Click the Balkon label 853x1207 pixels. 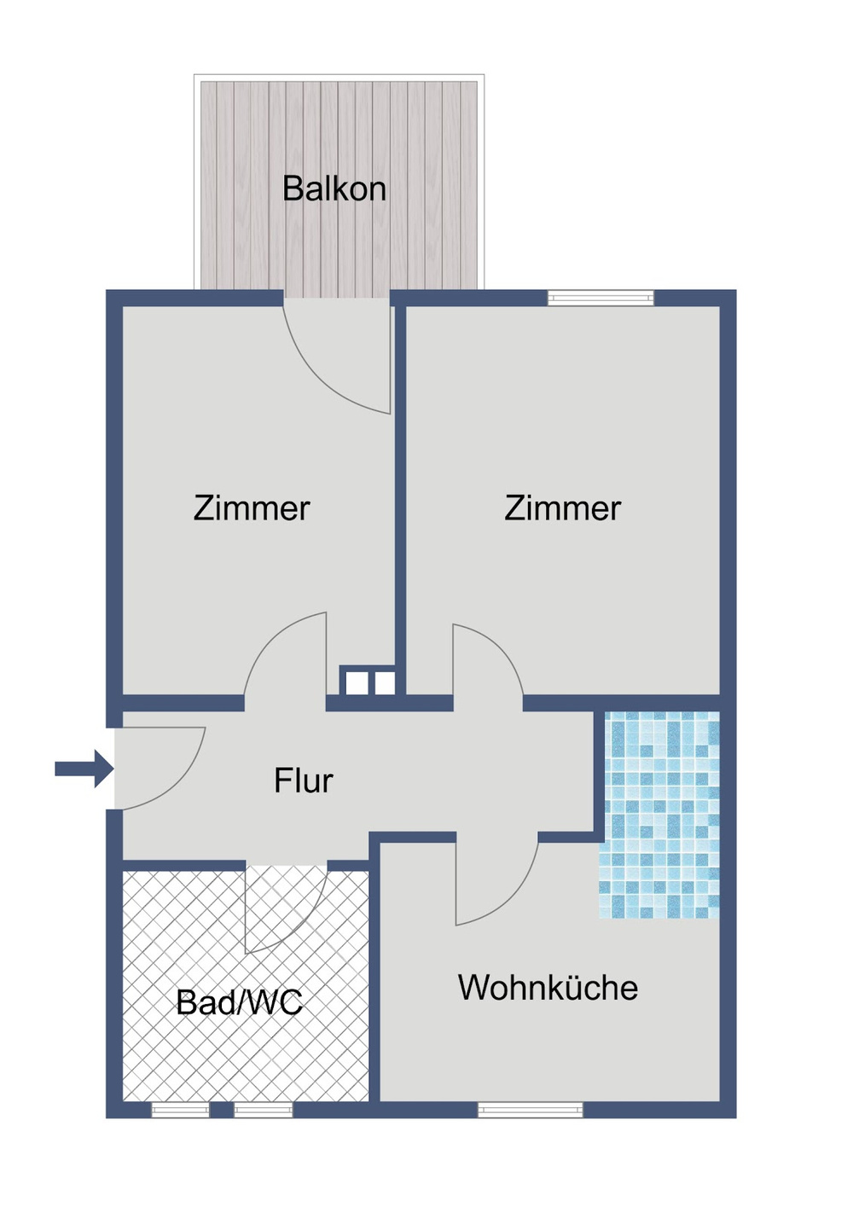pyautogui.click(x=334, y=189)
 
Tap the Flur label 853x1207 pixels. pyautogui.click(x=303, y=780)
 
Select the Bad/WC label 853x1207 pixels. pyautogui.click(x=240, y=1002)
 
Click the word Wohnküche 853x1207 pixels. pyautogui.click(x=548, y=988)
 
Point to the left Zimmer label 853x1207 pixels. pyautogui.click(x=252, y=508)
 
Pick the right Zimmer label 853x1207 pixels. pyautogui.click(x=563, y=508)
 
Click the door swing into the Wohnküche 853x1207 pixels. pyautogui.click(x=495, y=883)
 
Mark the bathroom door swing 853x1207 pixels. pyautogui.click(x=286, y=908)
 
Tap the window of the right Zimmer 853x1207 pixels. pyautogui.click(x=601, y=298)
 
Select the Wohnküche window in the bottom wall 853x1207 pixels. pyautogui.click(x=531, y=1110)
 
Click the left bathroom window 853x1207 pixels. pyautogui.click(x=180, y=1110)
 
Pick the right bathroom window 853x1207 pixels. pyautogui.click(x=264, y=1110)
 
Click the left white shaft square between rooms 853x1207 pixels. pyautogui.click(x=356, y=682)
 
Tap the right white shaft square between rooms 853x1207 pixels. pyautogui.click(x=385, y=682)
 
